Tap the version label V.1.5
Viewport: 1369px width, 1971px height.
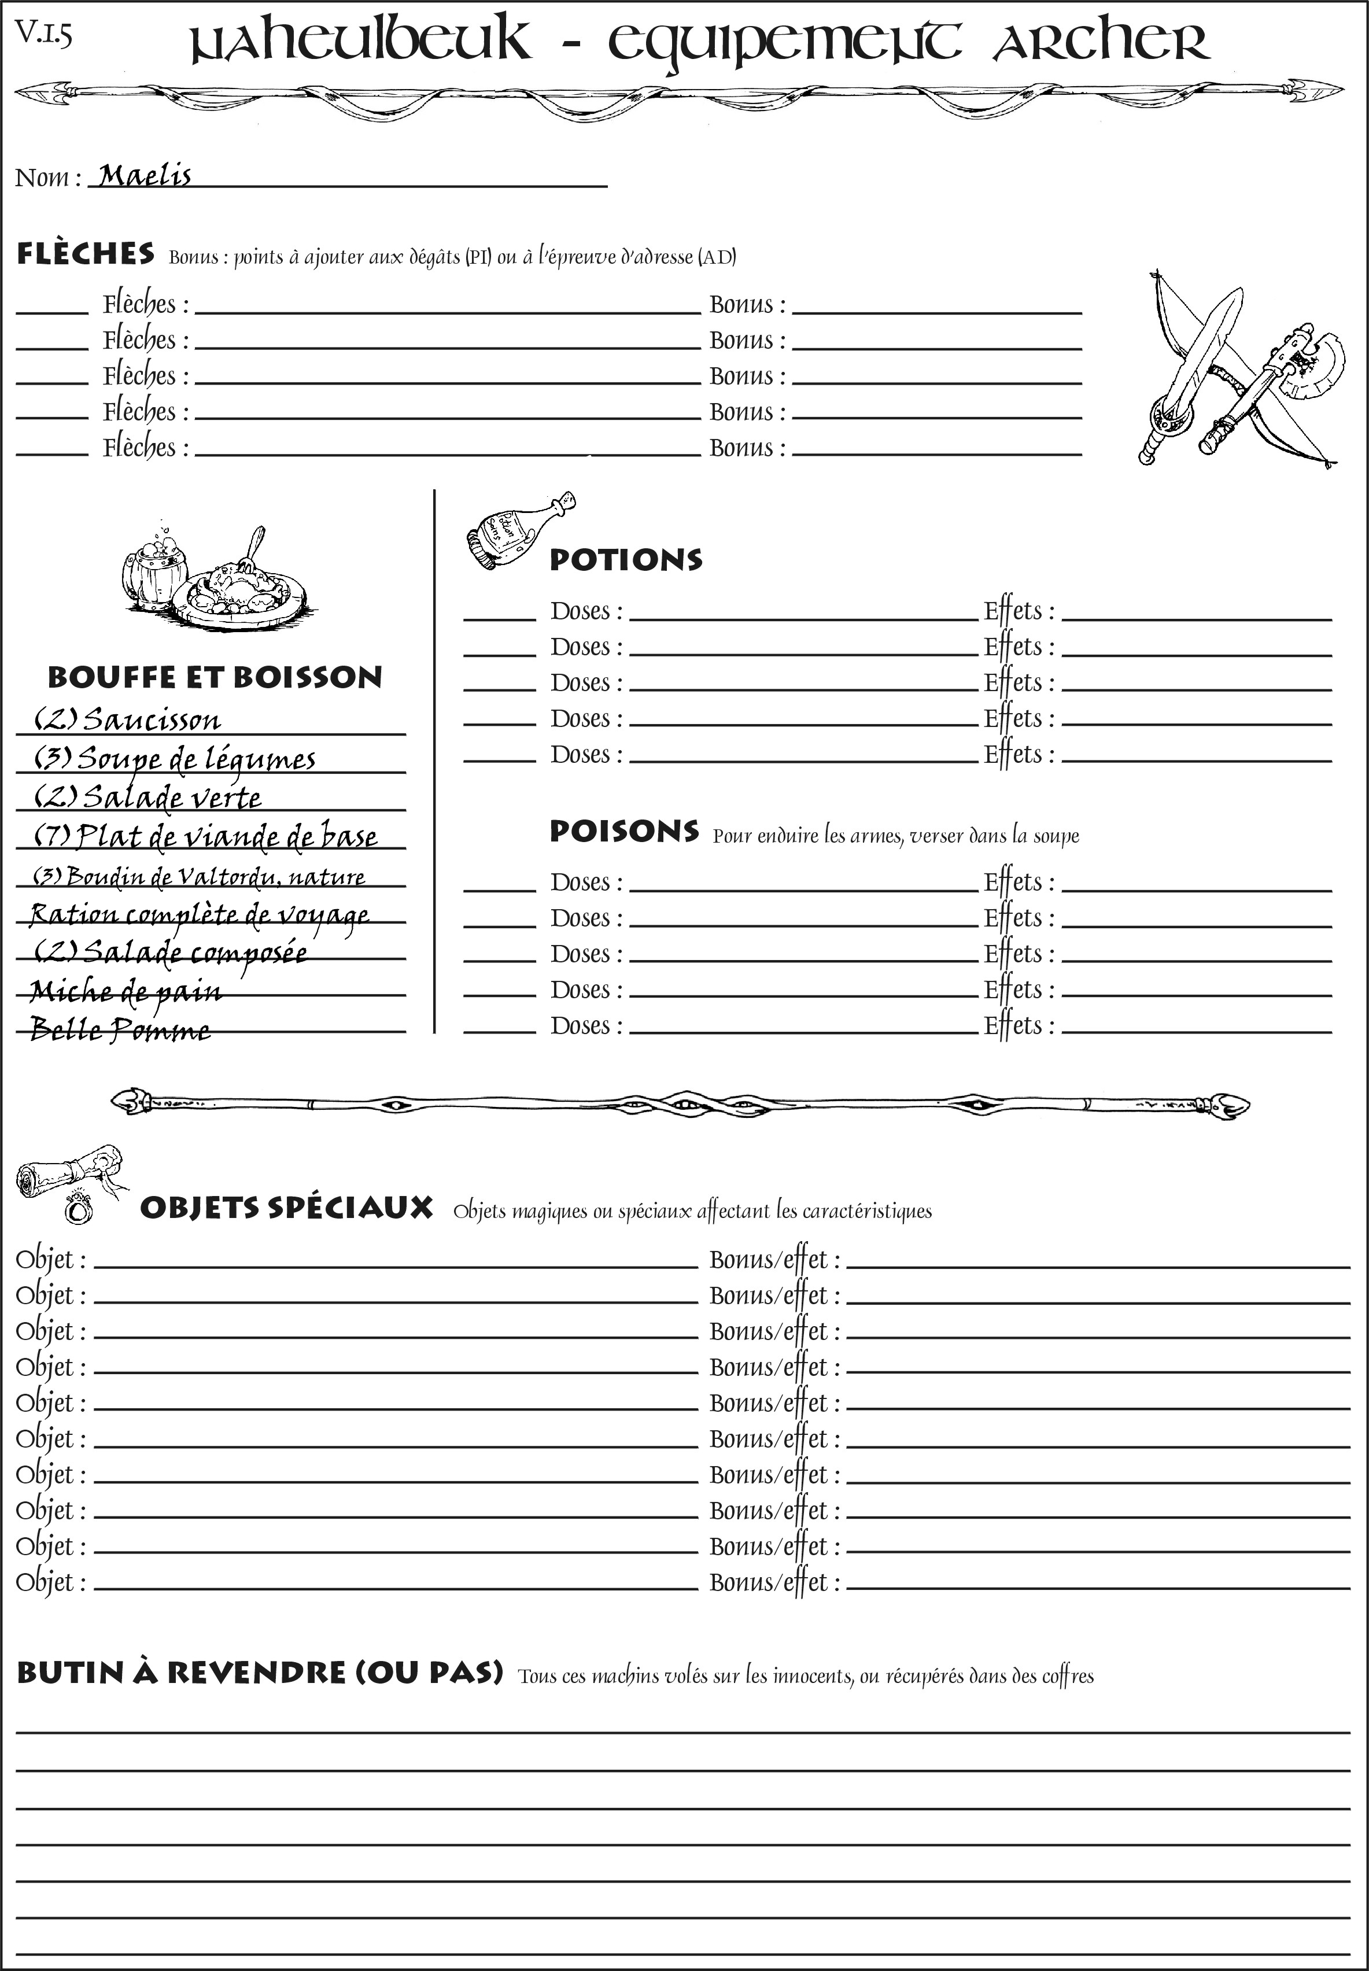click(43, 34)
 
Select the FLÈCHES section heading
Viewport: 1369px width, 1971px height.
click(86, 254)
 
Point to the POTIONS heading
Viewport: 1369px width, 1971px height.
click(625, 560)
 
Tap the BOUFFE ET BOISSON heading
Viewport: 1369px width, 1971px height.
click(215, 677)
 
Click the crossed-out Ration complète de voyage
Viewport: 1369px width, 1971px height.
click(199, 914)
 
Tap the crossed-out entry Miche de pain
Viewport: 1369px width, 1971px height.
click(126, 991)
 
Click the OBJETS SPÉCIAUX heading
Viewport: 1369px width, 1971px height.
click(286, 1208)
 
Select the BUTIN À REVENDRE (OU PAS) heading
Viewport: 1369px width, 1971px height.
click(259, 1673)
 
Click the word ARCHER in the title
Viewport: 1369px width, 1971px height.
click(1101, 41)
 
